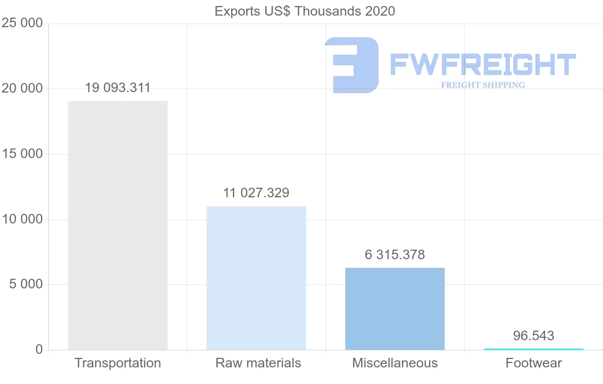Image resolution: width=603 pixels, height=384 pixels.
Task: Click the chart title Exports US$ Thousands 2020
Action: (305, 11)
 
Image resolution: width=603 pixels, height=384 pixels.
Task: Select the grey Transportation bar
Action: (118, 225)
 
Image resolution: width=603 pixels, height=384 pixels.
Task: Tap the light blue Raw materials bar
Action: (256, 278)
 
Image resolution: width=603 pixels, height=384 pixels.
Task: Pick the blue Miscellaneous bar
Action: (395, 309)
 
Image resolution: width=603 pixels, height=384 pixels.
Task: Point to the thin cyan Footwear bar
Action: (533, 349)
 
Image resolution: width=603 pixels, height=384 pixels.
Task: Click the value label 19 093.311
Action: (118, 88)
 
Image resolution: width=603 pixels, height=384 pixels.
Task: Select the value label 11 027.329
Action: (256, 193)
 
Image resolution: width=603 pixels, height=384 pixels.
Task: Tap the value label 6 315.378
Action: (395, 255)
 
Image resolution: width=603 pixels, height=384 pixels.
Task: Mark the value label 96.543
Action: (534, 336)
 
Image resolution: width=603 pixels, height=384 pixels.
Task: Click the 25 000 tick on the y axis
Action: (22, 24)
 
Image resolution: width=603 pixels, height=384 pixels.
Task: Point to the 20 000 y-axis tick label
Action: (22, 89)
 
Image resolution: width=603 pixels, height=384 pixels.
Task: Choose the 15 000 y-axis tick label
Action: (22, 154)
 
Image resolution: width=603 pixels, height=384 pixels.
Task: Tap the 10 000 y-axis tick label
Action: (22, 219)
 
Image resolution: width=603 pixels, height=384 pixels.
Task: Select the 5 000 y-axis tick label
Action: (26, 284)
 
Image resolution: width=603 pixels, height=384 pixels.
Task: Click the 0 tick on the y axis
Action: (39, 350)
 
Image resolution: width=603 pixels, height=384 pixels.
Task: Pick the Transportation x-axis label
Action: (118, 363)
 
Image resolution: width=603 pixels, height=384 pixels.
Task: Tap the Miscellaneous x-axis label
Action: (395, 363)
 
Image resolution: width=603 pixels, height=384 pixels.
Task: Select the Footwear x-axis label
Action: (534, 363)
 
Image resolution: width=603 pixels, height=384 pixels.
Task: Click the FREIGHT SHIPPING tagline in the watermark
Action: (483, 85)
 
